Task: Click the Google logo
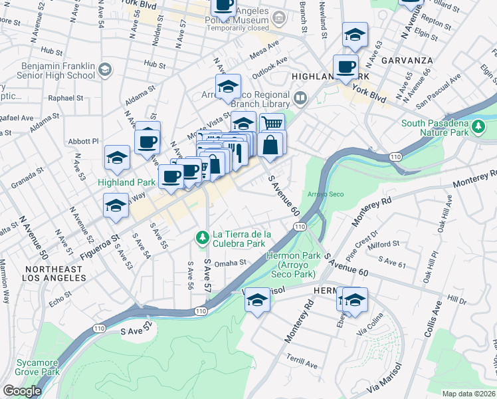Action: pos(22,391)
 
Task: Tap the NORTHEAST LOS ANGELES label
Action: pos(52,273)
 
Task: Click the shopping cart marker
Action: pos(272,124)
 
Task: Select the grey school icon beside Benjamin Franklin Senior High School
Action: pos(104,69)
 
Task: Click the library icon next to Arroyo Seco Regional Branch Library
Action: pos(301,100)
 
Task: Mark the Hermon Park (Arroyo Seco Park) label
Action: pos(290,265)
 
